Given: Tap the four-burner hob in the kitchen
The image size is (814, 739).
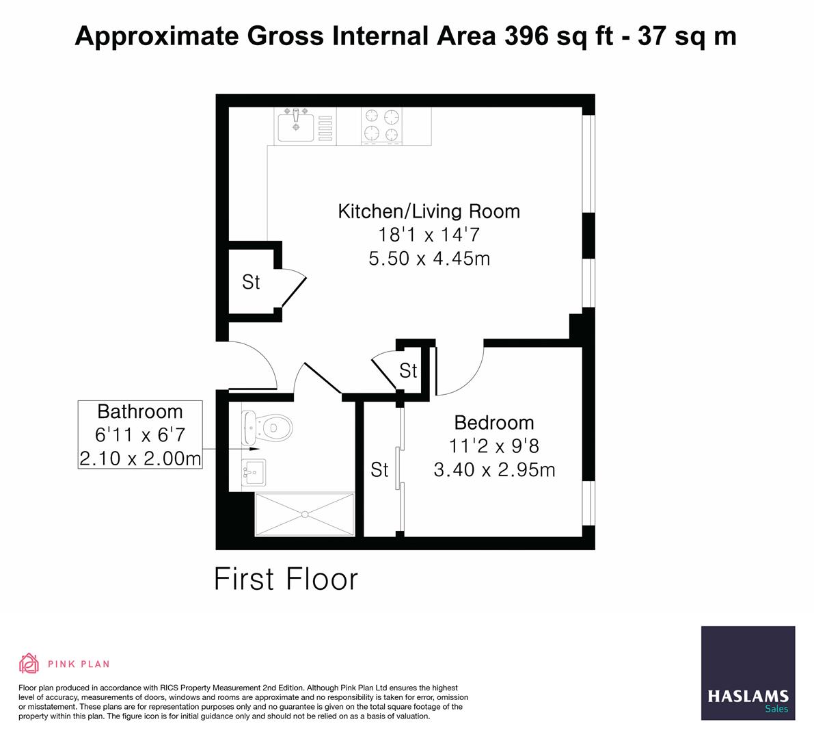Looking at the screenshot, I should pyautogui.click(x=381, y=126).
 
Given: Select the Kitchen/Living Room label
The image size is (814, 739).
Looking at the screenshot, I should pyautogui.click(x=429, y=211).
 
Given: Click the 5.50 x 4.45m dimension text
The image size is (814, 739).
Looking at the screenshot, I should pyautogui.click(x=429, y=259).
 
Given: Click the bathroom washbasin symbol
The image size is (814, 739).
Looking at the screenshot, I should pyautogui.click(x=254, y=471).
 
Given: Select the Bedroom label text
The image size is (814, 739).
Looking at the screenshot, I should pyautogui.click(x=493, y=422).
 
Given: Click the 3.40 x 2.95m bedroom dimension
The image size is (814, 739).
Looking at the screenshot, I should pyautogui.click(x=493, y=470).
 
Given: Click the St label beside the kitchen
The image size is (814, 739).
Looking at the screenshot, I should pyautogui.click(x=251, y=282).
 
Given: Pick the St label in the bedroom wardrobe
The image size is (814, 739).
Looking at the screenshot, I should pyautogui.click(x=379, y=470).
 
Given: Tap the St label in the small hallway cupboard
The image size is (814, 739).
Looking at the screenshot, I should pyautogui.click(x=408, y=371).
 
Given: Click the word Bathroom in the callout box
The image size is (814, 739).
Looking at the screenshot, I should pyautogui.click(x=140, y=412).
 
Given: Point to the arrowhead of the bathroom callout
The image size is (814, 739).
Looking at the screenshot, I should pyautogui.click(x=256, y=450).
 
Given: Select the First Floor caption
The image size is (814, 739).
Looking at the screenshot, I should pyautogui.click(x=286, y=579).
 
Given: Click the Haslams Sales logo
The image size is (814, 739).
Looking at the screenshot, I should pyautogui.click(x=748, y=673).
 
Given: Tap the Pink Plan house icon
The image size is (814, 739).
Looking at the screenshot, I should pyautogui.click(x=29, y=663).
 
